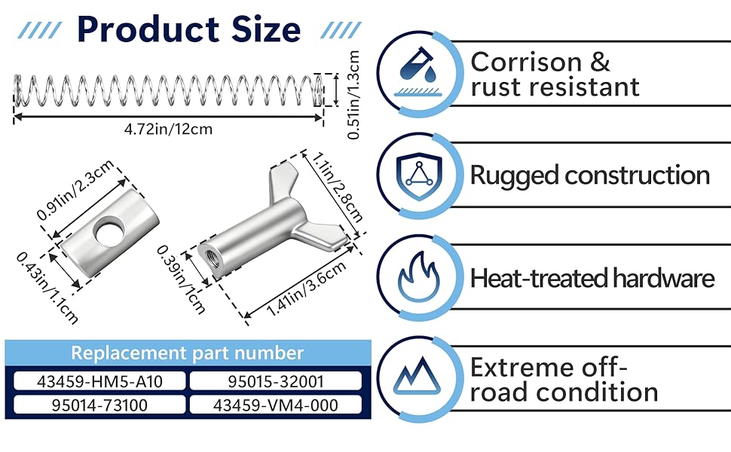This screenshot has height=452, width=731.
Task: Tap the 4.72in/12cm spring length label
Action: [x=169, y=129]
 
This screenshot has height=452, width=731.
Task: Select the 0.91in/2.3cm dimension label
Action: [x=75, y=191]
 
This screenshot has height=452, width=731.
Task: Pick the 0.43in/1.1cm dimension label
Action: [x=47, y=286]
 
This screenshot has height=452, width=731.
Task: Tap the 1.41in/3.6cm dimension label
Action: [x=298, y=289]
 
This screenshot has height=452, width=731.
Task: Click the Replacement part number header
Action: [x=188, y=353]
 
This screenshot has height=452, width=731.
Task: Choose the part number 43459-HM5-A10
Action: [x=99, y=381]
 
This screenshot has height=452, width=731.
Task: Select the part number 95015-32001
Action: [x=275, y=381]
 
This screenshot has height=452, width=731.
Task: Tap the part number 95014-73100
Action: [x=99, y=405]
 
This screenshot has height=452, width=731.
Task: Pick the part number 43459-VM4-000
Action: [x=275, y=405]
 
